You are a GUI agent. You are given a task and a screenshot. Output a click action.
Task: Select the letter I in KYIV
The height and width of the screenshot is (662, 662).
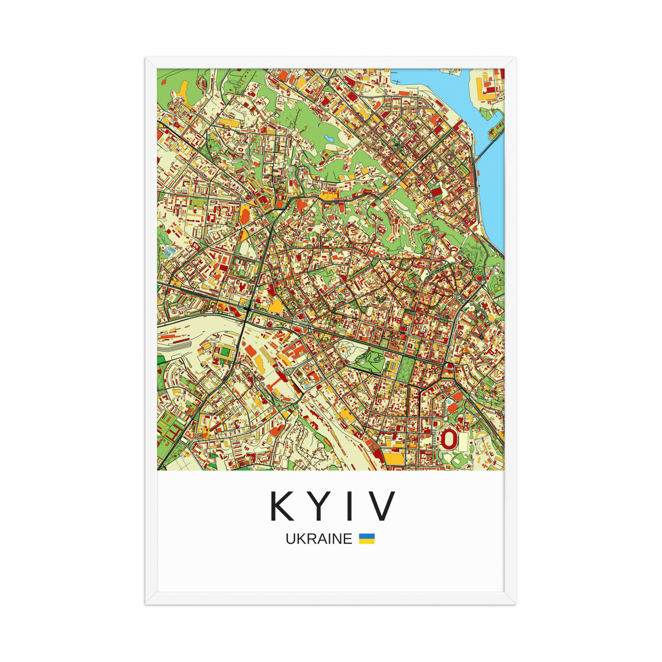point(350,506)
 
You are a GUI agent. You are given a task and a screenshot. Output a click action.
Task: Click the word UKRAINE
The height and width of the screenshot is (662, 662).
point(319,539)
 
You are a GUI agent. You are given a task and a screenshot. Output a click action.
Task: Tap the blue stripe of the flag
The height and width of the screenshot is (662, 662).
point(367,536)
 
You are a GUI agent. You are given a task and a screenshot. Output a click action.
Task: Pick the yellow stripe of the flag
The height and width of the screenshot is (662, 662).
point(367,542)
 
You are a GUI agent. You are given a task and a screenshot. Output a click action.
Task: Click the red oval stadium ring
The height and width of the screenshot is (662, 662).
point(449,439)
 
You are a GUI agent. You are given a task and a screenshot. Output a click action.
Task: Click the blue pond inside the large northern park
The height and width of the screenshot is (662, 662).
point(330,139)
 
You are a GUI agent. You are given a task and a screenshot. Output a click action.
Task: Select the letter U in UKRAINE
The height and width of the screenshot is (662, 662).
point(290,539)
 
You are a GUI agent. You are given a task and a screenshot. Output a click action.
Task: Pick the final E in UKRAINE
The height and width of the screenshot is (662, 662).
point(348,539)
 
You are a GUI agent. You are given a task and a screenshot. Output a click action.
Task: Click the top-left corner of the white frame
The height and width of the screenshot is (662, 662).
point(146,58)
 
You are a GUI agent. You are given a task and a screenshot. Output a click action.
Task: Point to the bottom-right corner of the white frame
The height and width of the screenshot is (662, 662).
point(515,604)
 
